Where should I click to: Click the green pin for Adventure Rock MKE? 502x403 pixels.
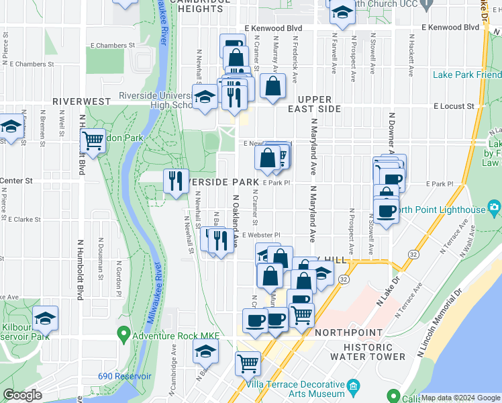point(123,333)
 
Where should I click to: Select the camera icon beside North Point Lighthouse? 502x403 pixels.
point(495,209)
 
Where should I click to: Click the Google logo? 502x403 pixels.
point(23,395)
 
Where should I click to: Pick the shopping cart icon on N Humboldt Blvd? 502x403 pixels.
point(93,141)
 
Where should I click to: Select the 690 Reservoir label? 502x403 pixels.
point(124,376)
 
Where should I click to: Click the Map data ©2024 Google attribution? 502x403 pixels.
point(461,398)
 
